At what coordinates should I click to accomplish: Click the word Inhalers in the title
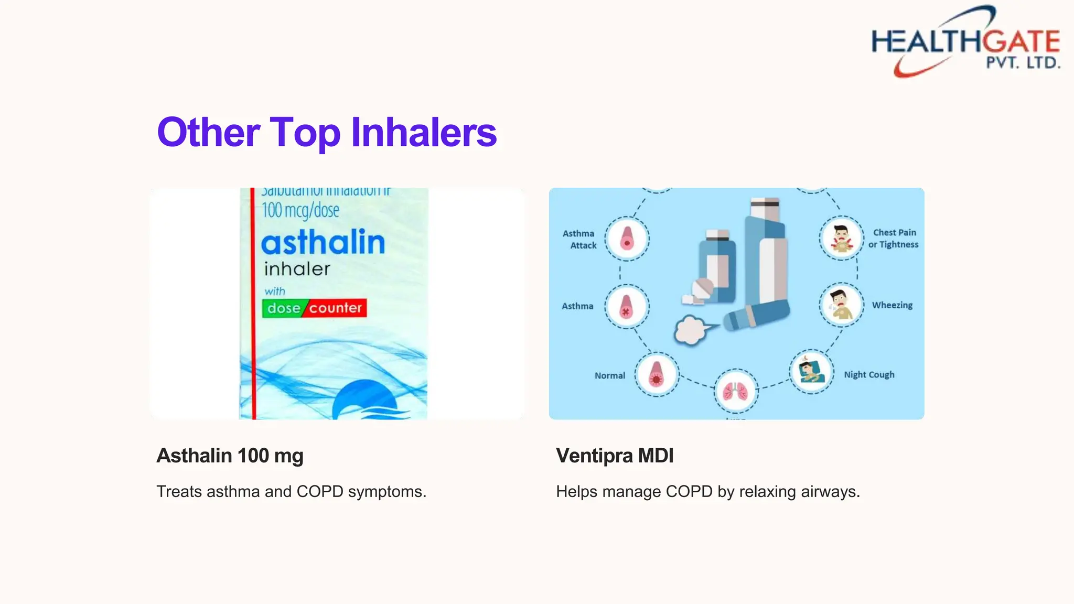pos(424,132)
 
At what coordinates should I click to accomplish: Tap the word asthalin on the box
pos(323,243)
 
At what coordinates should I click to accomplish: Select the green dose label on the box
pos(283,308)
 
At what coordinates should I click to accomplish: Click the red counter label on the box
pos(336,308)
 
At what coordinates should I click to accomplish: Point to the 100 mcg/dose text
pos(300,211)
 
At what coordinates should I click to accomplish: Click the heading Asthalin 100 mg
pos(230,456)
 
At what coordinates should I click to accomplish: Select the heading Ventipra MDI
pos(615,456)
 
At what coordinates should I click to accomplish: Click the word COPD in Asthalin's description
pos(320,492)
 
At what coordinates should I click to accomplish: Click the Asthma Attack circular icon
pos(627,239)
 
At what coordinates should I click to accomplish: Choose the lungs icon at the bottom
pos(736,391)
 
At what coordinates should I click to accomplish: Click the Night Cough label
pos(869,375)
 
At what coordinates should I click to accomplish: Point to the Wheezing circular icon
pos(841,305)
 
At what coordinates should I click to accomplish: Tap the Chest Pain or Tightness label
pos(894,239)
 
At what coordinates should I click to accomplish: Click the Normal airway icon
pos(657,374)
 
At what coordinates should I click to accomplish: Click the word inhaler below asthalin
pos(297,269)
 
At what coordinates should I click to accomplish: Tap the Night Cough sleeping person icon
pos(811,372)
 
